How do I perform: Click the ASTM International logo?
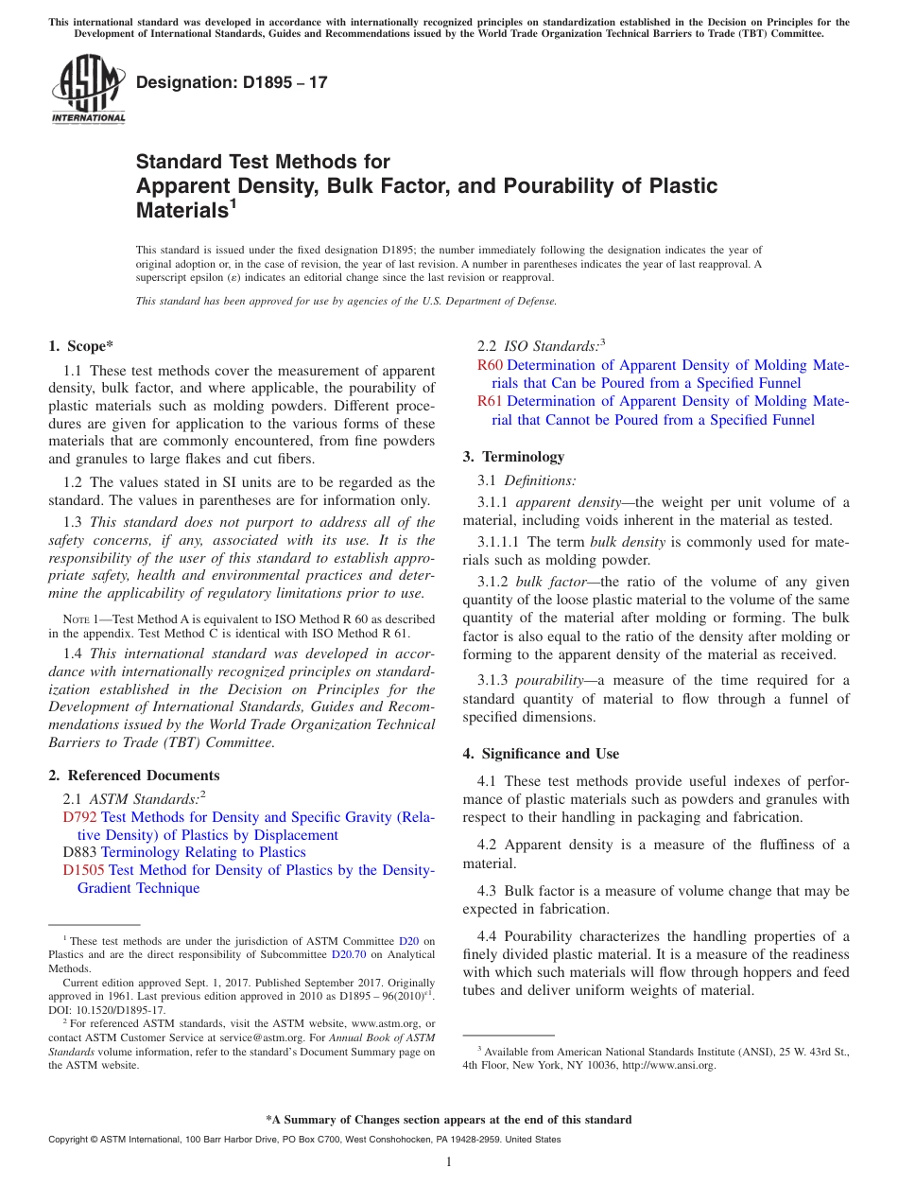[x=88, y=91]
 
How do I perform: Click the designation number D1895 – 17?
[x=232, y=82]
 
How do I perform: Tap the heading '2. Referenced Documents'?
[x=134, y=776]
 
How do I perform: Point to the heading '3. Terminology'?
[x=513, y=457]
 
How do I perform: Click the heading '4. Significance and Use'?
[x=541, y=754]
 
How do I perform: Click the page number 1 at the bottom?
[x=448, y=1161]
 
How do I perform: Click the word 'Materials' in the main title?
[x=181, y=211]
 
